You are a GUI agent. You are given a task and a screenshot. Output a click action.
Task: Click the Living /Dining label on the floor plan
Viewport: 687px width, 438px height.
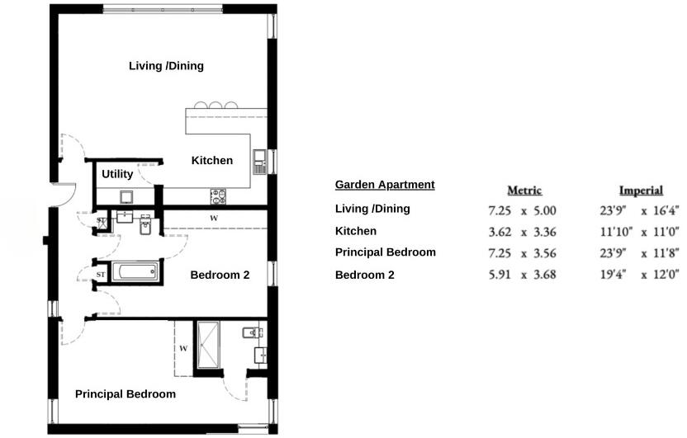click(x=166, y=66)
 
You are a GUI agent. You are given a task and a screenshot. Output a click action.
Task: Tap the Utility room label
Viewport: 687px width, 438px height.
click(x=117, y=175)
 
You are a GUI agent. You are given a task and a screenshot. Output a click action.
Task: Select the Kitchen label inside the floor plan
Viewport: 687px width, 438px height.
click(x=212, y=161)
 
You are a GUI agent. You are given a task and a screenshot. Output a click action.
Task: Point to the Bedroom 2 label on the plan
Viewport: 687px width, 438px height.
click(x=220, y=276)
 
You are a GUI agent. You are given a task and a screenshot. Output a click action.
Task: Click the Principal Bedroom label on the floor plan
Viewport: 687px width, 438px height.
click(x=126, y=394)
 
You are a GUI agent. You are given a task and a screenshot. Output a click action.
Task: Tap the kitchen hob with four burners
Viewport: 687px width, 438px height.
click(x=220, y=196)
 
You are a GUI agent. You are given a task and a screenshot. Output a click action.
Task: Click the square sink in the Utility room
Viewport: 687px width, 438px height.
click(x=127, y=196)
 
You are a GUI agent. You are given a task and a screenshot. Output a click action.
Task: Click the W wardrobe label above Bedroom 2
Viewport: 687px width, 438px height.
click(x=213, y=218)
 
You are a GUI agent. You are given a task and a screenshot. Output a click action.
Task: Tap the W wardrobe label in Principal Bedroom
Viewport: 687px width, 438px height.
click(x=183, y=349)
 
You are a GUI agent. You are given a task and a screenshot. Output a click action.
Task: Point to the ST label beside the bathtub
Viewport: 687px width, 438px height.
click(x=101, y=274)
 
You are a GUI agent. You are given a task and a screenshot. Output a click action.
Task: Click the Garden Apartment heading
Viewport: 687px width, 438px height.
click(x=385, y=185)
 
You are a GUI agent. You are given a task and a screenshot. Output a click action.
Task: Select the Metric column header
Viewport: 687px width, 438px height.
click(x=524, y=191)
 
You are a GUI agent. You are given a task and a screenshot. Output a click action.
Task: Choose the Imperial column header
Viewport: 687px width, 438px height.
click(x=641, y=191)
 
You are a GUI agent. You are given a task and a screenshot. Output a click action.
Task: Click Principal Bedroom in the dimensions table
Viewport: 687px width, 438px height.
click(x=385, y=252)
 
